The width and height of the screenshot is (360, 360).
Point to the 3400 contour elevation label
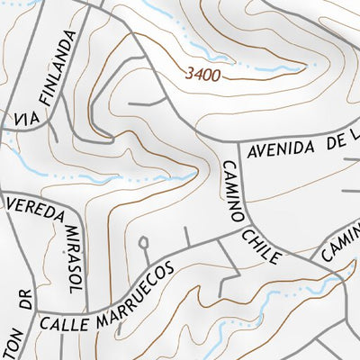[203, 76]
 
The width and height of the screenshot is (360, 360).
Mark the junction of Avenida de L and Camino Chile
[236, 144]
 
